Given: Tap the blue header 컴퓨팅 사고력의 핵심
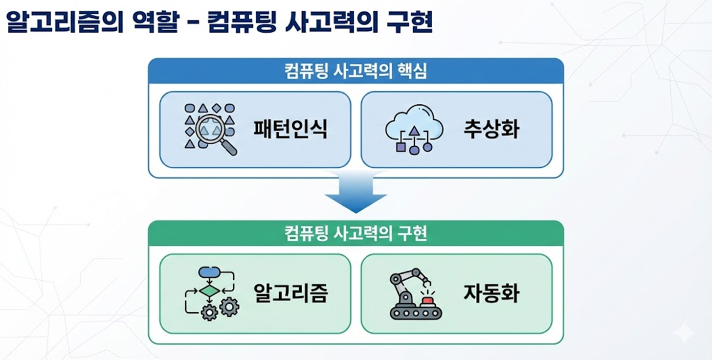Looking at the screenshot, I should point(356,71).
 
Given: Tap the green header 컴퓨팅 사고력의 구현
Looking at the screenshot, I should point(356,234).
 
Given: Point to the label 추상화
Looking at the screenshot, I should point(491,130).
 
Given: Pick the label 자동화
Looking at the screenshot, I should point(491,293).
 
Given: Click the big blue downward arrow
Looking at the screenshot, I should point(356,193).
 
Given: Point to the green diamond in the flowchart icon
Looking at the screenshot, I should point(209,291).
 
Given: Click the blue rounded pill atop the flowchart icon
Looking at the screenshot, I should point(209,272).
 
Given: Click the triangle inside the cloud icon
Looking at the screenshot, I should point(414,131).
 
